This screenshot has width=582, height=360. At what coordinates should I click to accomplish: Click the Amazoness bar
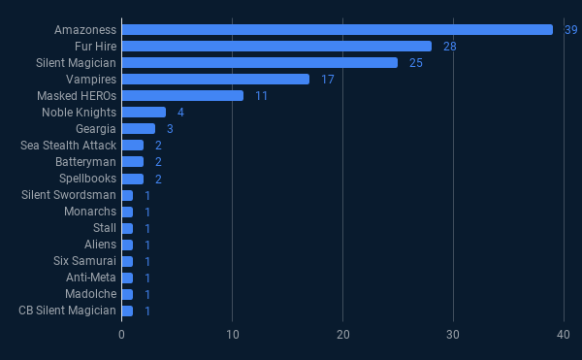pyautogui.click(x=337, y=29)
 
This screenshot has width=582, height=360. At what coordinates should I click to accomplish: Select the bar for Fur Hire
pyautogui.click(x=276, y=46)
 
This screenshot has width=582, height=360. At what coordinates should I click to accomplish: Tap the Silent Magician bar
pyautogui.click(x=260, y=62)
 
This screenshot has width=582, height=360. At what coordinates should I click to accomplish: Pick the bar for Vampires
pyautogui.click(x=215, y=79)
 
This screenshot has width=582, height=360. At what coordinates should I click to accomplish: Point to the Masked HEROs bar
pyautogui.click(x=182, y=95)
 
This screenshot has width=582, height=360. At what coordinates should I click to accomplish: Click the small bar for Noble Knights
pyautogui.click(x=144, y=112)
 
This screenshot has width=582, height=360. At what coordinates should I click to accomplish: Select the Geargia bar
pyautogui.click(x=138, y=128)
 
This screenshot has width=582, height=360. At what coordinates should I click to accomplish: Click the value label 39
pyautogui.click(x=571, y=30)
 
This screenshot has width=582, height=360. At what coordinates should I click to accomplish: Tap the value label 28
pyautogui.click(x=449, y=47)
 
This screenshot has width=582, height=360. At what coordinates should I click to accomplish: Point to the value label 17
pyautogui.click(x=327, y=80)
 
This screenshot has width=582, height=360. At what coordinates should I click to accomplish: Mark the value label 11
pyautogui.click(x=261, y=96)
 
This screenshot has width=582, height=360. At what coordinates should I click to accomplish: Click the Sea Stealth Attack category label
pyautogui.click(x=68, y=146)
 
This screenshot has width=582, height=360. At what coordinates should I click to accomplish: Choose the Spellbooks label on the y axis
pyautogui.click(x=87, y=179)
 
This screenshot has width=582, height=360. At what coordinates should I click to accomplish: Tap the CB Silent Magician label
pyautogui.click(x=67, y=311)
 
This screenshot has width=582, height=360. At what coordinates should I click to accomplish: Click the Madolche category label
pyautogui.click(x=90, y=294)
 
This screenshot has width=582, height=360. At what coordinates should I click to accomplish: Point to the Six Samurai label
pyautogui.click(x=85, y=261)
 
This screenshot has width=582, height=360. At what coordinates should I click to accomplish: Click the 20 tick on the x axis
pyautogui.click(x=342, y=335)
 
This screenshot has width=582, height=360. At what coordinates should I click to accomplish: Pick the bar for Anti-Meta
pyautogui.click(x=127, y=278)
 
